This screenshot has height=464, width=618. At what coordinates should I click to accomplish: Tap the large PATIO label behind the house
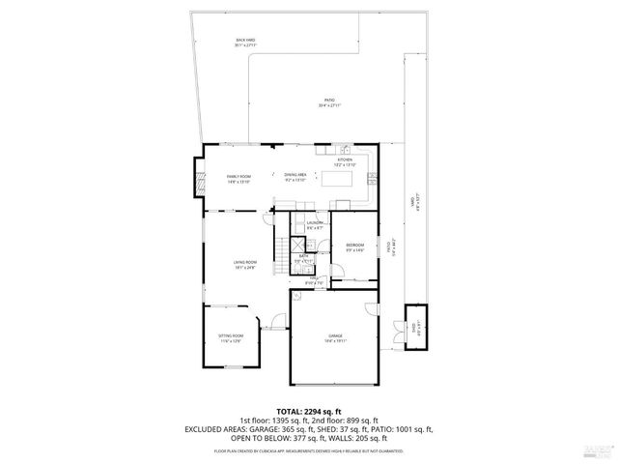[329, 102]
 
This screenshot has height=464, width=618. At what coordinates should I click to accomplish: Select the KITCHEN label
[345, 161]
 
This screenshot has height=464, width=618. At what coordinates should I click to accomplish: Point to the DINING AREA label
[295, 177]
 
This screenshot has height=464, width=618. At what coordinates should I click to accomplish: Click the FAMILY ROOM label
[239, 179]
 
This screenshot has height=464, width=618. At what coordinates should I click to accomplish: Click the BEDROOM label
[354, 247]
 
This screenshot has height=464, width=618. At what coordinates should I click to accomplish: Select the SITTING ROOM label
[231, 337]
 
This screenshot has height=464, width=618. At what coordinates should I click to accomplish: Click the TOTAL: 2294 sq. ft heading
[308, 412]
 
